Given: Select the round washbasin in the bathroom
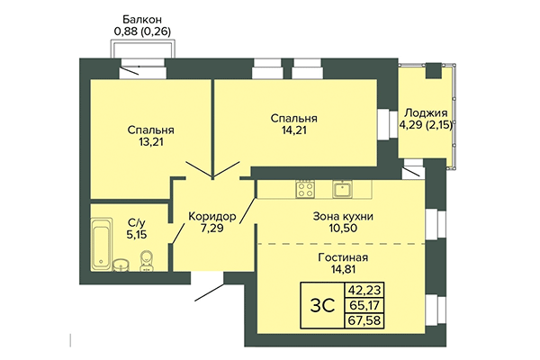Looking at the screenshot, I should click(121, 264).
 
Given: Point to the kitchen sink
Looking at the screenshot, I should click(342, 189).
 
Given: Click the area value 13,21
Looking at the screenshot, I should click(149, 140).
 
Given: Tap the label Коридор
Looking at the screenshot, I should click(212, 217).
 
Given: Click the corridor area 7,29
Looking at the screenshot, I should click(212, 230).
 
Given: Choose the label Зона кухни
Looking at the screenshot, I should click(343, 217).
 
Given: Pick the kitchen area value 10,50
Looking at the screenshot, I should click(343, 230).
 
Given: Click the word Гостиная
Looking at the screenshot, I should click(343, 256).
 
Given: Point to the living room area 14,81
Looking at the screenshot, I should click(343, 270).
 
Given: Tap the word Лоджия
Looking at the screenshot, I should click(426, 112).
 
